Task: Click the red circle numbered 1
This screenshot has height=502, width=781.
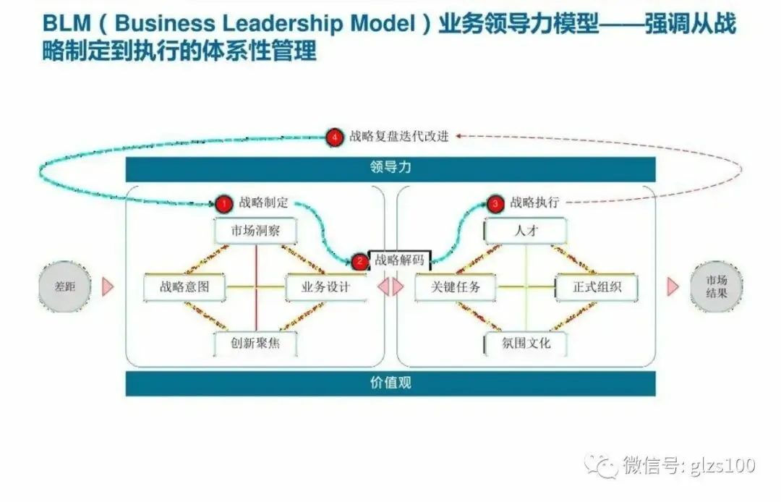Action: [x=224, y=203]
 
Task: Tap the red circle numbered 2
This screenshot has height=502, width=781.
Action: [x=359, y=261]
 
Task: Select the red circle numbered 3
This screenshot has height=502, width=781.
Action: [x=495, y=203]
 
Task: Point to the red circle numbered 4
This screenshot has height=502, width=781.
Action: [x=333, y=137]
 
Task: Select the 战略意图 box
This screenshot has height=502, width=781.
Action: [x=184, y=286]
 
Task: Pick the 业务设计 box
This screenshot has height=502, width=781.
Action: [x=325, y=286]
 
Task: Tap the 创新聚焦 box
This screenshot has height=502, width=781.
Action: [x=256, y=343]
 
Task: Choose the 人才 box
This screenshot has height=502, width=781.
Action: [x=526, y=231]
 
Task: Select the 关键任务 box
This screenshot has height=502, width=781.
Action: [x=456, y=286]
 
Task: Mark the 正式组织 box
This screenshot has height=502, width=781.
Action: [x=597, y=286]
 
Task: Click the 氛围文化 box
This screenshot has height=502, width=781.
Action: [x=526, y=343]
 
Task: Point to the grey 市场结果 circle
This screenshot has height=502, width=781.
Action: [x=717, y=286]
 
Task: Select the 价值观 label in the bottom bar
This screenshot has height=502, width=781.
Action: [x=390, y=383]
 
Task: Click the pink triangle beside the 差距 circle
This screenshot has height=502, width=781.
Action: [x=107, y=286]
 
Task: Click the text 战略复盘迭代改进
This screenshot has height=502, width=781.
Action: [x=399, y=137]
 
